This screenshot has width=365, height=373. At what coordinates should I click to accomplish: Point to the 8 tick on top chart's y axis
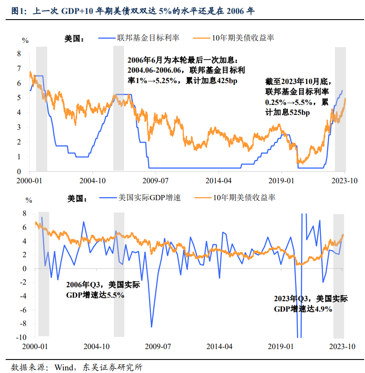pyautogui.click(x=19, y=54)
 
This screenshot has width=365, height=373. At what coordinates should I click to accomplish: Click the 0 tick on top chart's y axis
pyautogui.click(x=19, y=171)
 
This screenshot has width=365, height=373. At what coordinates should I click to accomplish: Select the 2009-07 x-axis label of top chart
pyautogui.click(x=156, y=180)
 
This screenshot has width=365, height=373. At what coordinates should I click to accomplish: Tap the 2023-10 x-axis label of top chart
pyautogui.click(x=345, y=180)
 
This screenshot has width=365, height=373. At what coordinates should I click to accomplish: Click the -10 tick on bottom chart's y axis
pyautogui.click(x=17, y=337)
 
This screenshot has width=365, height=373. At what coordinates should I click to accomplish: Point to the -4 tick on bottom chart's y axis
pyautogui.click(x=18, y=296)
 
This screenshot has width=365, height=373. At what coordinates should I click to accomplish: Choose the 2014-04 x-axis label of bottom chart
pyautogui.click(x=219, y=347)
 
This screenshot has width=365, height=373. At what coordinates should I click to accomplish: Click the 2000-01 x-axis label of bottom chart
pyautogui.click(x=35, y=347)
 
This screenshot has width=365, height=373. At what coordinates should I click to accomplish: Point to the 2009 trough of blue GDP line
pyautogui.click(x=152, y=327)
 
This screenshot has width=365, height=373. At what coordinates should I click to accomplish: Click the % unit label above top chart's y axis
pyautogui.click(x=25, y=40)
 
